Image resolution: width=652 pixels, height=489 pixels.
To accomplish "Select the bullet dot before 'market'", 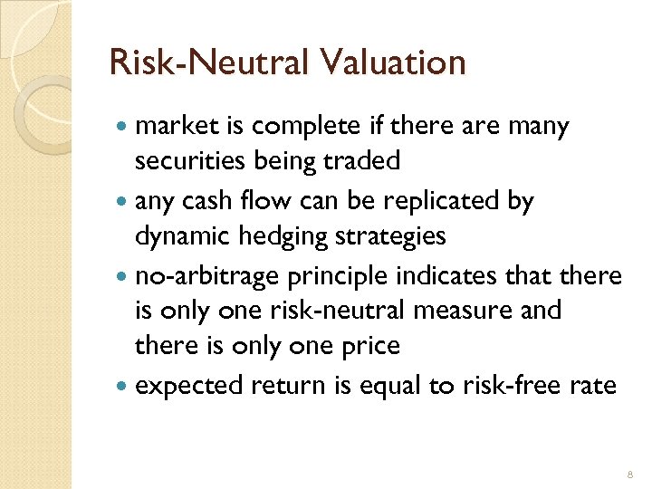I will click(123, 128).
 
